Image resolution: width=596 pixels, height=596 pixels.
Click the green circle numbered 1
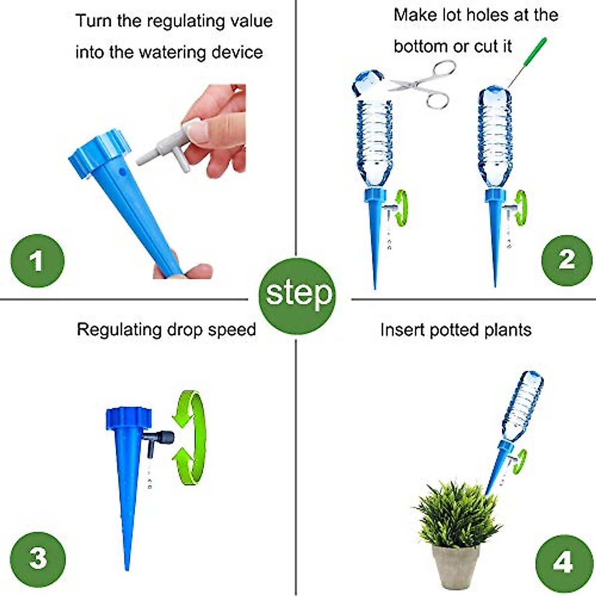tap(37, 261)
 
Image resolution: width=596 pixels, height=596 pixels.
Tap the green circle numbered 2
tap(567, 260)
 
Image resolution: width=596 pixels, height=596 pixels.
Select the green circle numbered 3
tap(38, 559)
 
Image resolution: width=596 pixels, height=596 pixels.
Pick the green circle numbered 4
tap(562, 562)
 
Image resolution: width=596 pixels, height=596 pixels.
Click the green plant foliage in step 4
tap(457, 514)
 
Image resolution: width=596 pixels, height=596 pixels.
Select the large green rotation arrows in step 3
tap(192, 437)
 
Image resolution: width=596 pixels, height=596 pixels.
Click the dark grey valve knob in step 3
tap(166, 438)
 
